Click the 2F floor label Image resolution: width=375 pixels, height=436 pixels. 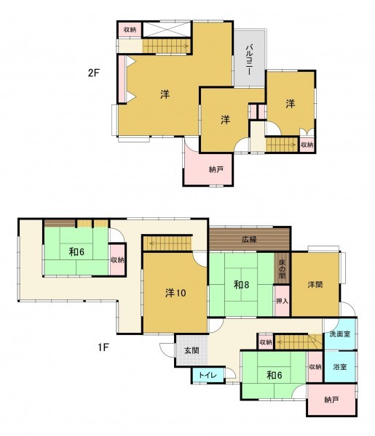(94, 73)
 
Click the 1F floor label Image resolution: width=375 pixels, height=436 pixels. (103, 347)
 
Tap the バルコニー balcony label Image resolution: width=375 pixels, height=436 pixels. (249, 60)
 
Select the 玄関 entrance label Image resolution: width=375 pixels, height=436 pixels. (192, 350)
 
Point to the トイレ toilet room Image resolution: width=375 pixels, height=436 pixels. (208, 376)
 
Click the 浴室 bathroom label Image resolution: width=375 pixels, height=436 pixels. (340, 367)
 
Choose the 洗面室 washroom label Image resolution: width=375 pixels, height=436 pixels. (340, 334)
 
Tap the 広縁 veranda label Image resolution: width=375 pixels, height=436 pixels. (249, 239)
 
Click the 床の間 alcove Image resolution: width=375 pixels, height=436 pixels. (282, 268)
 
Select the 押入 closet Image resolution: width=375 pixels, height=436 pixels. (282, 301)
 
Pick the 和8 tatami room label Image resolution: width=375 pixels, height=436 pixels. (241, 285)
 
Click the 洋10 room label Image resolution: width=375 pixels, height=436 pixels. (175, 293)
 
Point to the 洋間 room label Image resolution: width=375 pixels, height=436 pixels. (315, 285)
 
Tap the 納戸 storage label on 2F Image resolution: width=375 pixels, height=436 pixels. (216, 169)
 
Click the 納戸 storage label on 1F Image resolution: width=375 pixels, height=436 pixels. (331, 400)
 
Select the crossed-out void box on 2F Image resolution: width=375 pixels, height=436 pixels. (167, 30)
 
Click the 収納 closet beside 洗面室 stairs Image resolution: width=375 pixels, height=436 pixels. (266, 342)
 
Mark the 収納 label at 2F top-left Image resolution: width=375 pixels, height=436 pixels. (130, 30)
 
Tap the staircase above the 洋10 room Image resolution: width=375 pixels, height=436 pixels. (167, 243)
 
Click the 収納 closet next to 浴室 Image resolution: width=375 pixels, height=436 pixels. (315, 367)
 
